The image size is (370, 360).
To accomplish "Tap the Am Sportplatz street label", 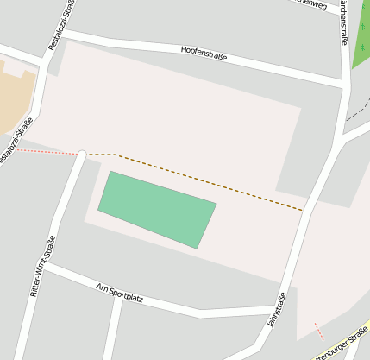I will tap(119, 293).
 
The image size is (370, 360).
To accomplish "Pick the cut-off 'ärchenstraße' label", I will tap(344, 22).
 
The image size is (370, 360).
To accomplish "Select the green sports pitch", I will tap(156, 208).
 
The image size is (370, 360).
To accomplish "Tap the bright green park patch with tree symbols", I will tap(361, 43).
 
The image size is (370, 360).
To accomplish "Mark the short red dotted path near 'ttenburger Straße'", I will tap(321, 331).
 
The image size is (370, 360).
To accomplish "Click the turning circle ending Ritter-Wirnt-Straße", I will tap(82, 155).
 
